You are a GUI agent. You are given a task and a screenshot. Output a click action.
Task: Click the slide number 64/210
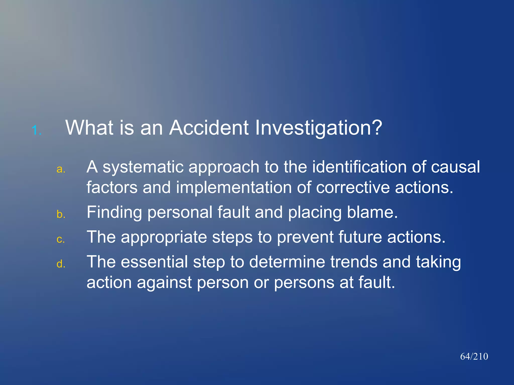point(474,356)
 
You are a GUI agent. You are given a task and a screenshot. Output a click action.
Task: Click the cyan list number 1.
point(37,130)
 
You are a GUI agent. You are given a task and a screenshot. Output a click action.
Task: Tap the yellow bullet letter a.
point(61,169)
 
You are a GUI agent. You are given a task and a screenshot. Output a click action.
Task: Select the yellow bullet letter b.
point(61,214)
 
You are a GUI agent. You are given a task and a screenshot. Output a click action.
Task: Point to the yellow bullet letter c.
point(61,239)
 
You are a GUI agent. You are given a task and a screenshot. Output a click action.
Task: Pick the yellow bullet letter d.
point(61,264)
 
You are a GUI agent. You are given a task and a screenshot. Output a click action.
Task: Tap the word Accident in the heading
point(209,128)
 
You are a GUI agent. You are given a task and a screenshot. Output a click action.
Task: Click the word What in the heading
point(89,128)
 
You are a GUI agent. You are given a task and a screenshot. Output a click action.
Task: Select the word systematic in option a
point(143,167)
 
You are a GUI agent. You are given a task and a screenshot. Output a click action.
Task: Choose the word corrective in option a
point(353,188)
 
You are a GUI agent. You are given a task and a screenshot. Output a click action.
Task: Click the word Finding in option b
point(114,212)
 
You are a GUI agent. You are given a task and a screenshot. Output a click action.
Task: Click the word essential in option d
point(154,262)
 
